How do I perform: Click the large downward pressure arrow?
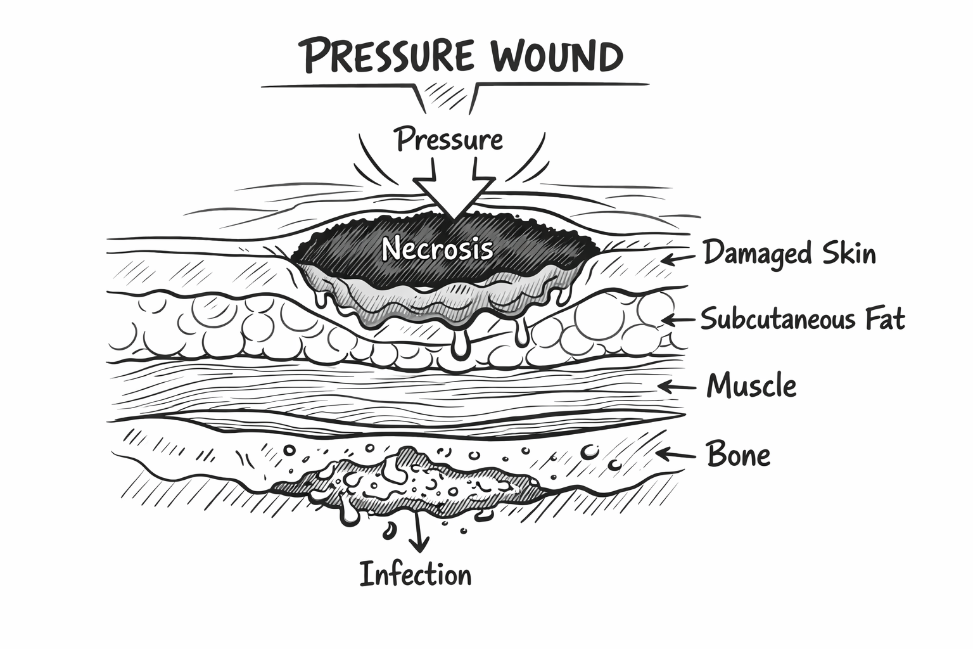point(454,188)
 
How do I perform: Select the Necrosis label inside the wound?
point(438,249)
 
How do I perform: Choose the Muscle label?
point(751,385)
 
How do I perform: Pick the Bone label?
point(739,454)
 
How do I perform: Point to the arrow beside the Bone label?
point(675,454)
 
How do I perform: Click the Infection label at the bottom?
point(416,574)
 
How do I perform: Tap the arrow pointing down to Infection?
point(418,531)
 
